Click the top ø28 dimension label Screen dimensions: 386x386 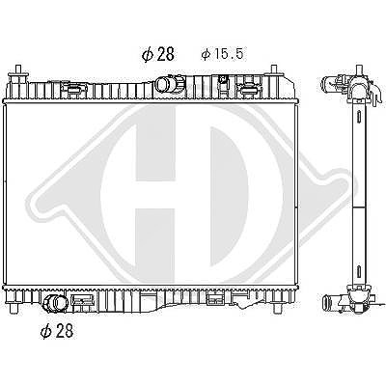point(158,54)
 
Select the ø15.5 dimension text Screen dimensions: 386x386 point(222,54)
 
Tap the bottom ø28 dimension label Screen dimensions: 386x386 point(57,330)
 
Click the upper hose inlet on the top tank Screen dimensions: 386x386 point(166,84)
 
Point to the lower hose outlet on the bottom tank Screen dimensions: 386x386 point(55,304)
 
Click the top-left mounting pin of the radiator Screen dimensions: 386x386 point(18,69)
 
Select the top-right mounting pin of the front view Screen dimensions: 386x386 point(274,69)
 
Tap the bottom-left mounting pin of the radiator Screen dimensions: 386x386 point(14,309)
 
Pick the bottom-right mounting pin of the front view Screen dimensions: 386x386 point(276,309)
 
